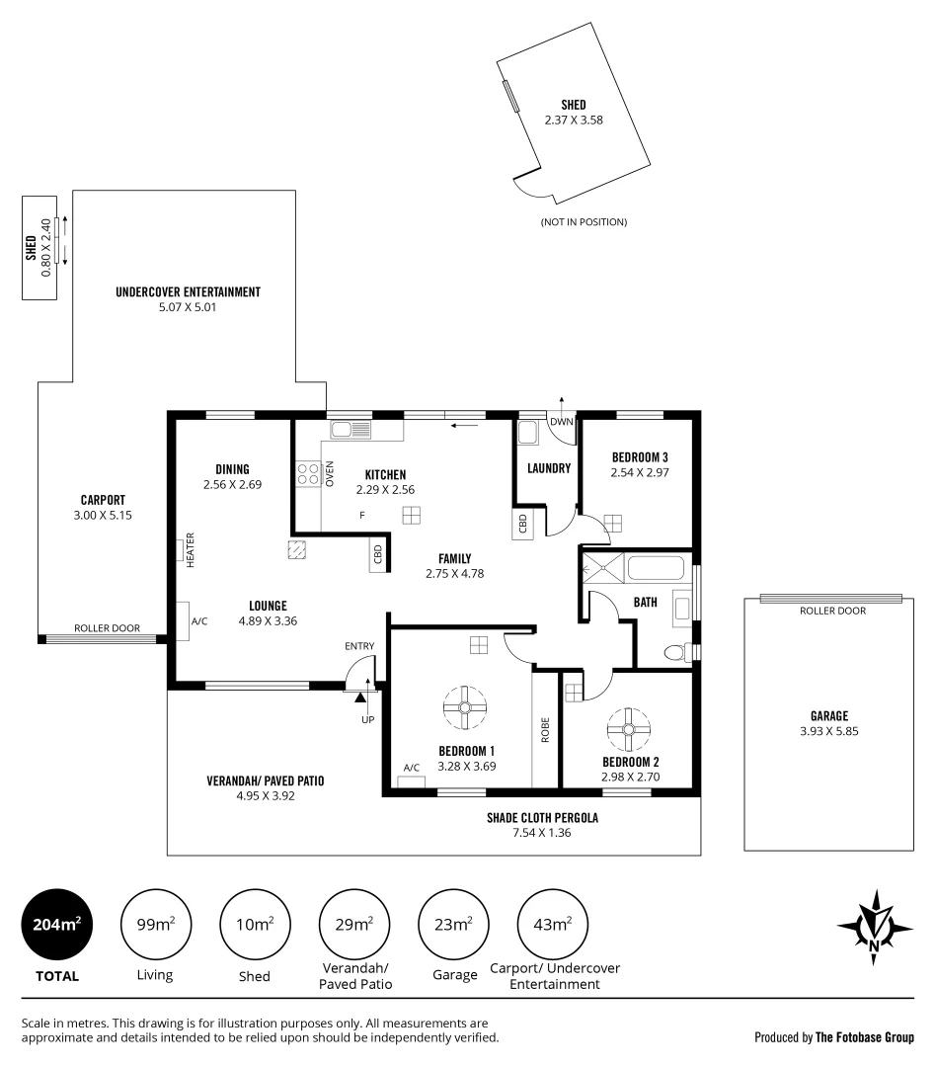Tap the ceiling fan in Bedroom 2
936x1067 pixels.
[x=624, y=729]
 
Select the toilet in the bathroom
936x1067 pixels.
[x=675, y=652]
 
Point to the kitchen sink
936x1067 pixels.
[x=351, y=430]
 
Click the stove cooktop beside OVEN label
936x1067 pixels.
[x=307, y=474]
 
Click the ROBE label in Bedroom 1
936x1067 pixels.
[x=544, y=728]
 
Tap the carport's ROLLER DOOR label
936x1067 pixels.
[x=108, y=628]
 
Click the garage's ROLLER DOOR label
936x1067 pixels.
[x=832, y=611]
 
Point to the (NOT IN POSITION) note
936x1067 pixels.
[x=584, y=222]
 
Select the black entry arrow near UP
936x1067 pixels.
[x=360, y=698]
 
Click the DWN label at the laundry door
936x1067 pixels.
[x=561, y=422]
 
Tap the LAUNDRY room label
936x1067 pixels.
[x=549, y=468]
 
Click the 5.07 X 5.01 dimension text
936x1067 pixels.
[x=188, y=307]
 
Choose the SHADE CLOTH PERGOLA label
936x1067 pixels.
[x=542, y=817]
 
